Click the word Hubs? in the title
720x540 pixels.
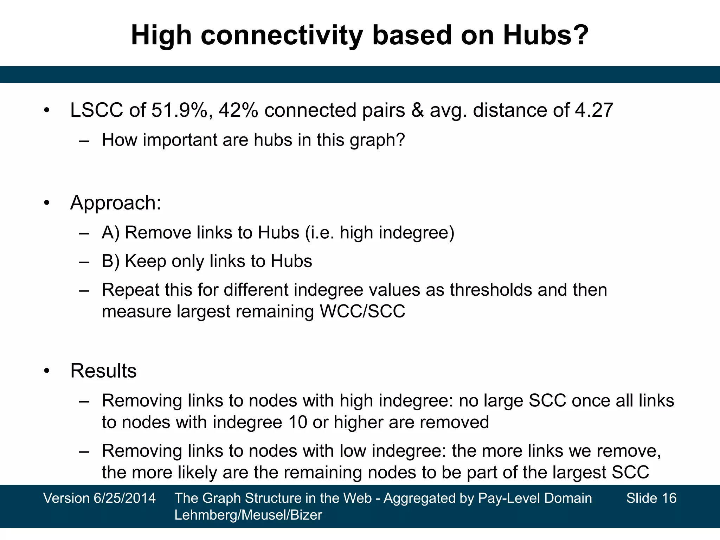coord(546,35)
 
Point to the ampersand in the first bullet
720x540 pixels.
coord(417,110)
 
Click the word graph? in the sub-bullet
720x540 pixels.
coord(377,140)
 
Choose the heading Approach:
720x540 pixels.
coord(116,203)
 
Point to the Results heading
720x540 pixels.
coord(103,371)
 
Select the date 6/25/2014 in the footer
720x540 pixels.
coord(124,498)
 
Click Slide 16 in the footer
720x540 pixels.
coord(651,498)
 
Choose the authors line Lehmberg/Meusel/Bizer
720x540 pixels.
coord(248,515)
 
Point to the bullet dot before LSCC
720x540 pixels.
coord(47,111)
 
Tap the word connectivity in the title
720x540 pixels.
coord(282,35)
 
